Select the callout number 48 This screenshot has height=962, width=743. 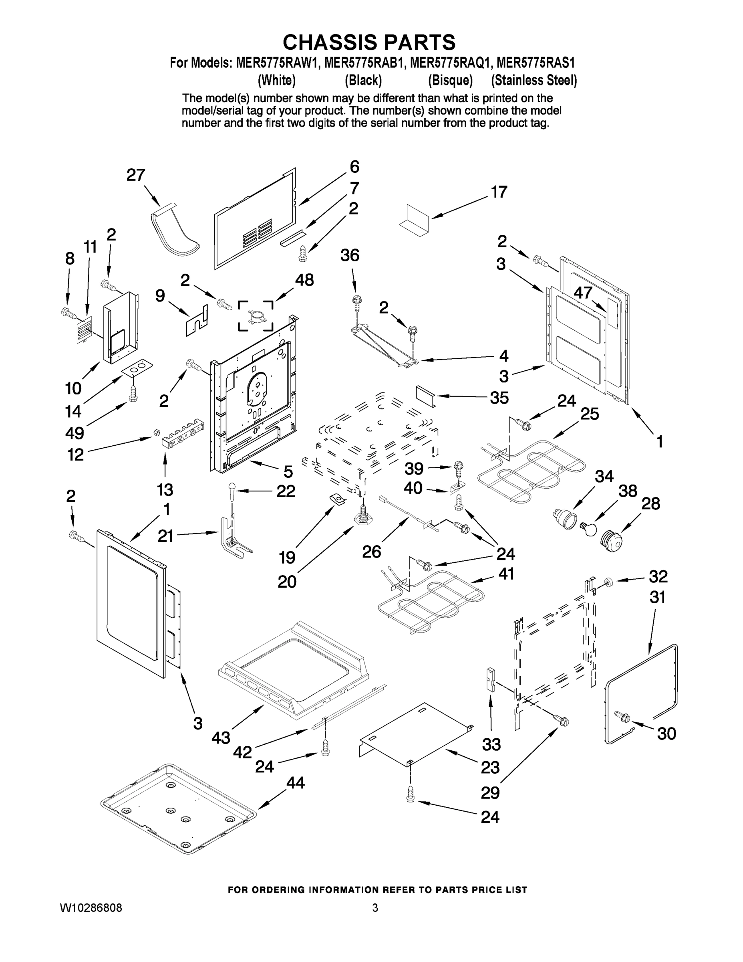coord(304,280)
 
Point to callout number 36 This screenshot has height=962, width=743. coord(350,255)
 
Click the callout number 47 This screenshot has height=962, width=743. coord(583,293)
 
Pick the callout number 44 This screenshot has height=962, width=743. coord(295,783)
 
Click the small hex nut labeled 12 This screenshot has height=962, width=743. coord(155,433)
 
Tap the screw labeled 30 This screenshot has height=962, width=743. coord(623,717)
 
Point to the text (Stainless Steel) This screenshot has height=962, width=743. coord(534,80)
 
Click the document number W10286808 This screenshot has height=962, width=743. coord(91,908)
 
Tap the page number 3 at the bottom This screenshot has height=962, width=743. coord(375,908)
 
